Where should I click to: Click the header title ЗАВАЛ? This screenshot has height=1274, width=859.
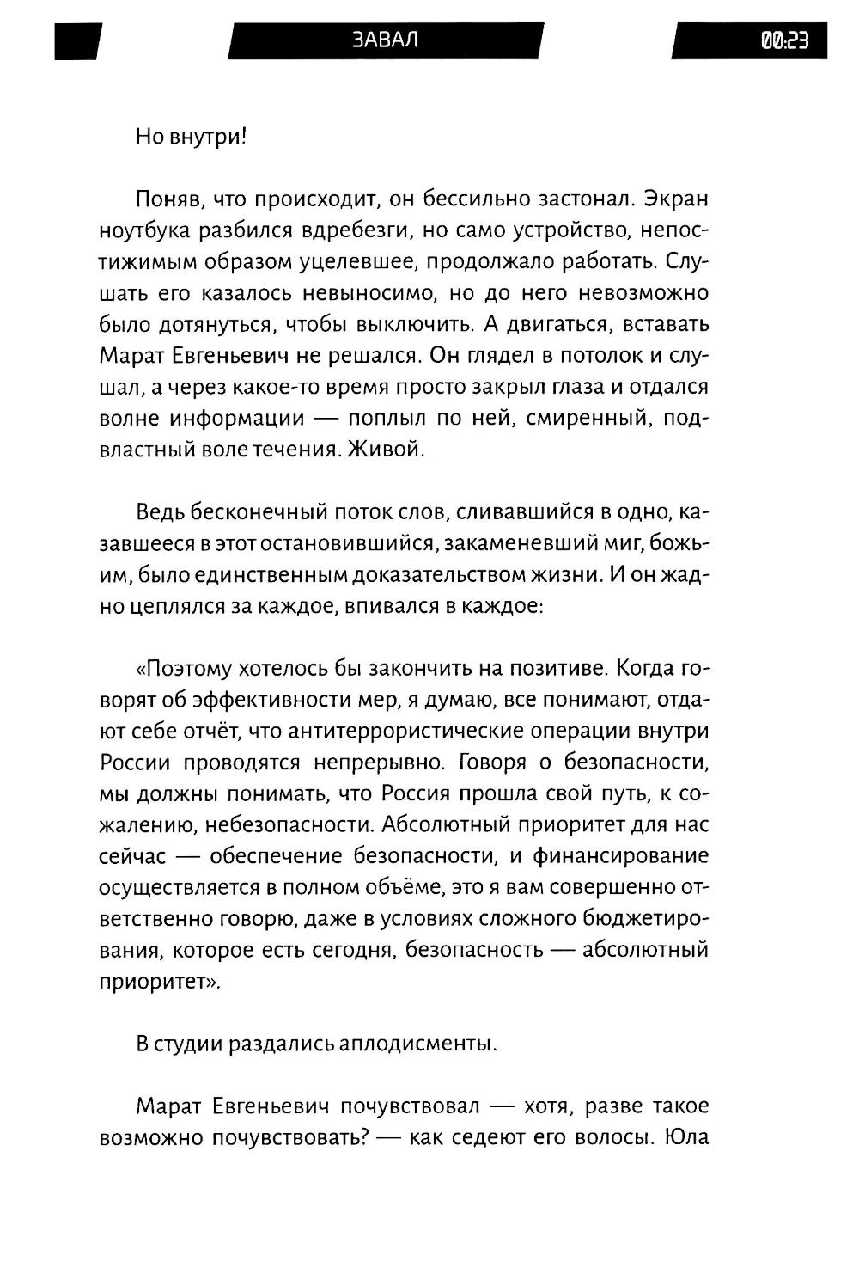coord(385,40)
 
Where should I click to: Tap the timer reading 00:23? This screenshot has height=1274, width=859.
coord(783,40)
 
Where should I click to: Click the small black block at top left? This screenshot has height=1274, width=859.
coord(77,40)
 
